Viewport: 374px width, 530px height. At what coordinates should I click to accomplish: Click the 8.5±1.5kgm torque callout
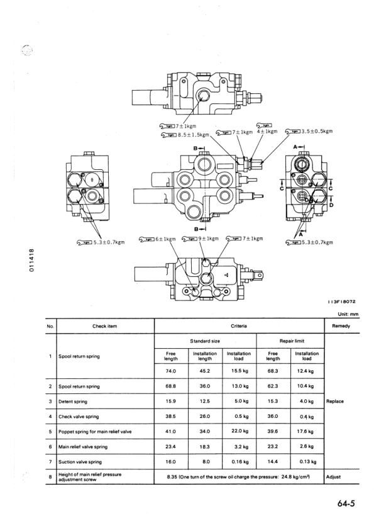tap(179, 134)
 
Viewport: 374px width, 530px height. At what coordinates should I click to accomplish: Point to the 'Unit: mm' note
tap(348, 314)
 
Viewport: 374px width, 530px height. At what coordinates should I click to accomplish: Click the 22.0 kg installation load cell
tap(239, 431)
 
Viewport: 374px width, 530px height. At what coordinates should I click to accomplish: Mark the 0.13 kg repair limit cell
tap(306, 462)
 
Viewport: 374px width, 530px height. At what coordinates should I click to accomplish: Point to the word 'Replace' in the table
tap(334, 401)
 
